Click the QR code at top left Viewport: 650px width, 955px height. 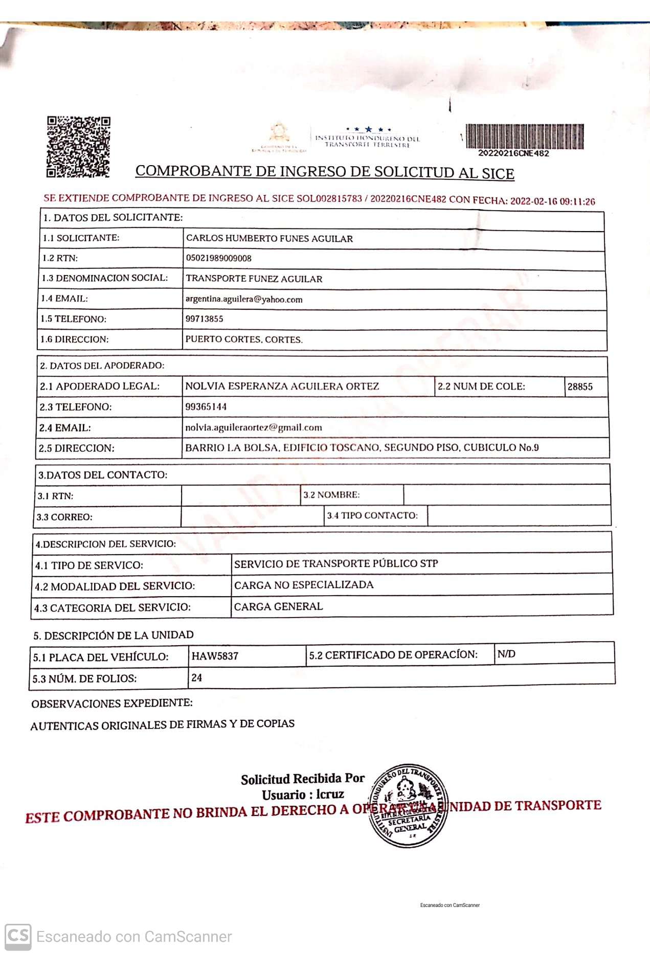78,147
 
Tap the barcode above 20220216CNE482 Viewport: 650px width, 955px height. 524,136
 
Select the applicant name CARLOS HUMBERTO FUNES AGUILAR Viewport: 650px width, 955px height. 269,238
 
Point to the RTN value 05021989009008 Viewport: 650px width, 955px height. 218,258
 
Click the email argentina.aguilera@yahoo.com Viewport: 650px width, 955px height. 243,299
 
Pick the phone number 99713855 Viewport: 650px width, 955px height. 204,319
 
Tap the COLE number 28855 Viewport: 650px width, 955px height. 579,387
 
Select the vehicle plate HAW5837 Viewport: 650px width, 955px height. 215,656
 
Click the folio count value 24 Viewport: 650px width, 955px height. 196,678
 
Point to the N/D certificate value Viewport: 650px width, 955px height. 506,654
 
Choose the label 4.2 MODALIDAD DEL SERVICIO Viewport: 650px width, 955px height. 115,586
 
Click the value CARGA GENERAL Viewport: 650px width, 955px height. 278,607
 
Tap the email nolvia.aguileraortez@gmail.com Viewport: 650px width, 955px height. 253,427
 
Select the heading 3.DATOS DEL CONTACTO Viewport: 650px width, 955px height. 103,475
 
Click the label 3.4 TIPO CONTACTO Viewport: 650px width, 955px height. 372,515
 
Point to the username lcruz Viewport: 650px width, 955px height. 330,794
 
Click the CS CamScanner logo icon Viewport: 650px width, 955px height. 18,937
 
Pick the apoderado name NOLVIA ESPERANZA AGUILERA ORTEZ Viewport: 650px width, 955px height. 282,386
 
